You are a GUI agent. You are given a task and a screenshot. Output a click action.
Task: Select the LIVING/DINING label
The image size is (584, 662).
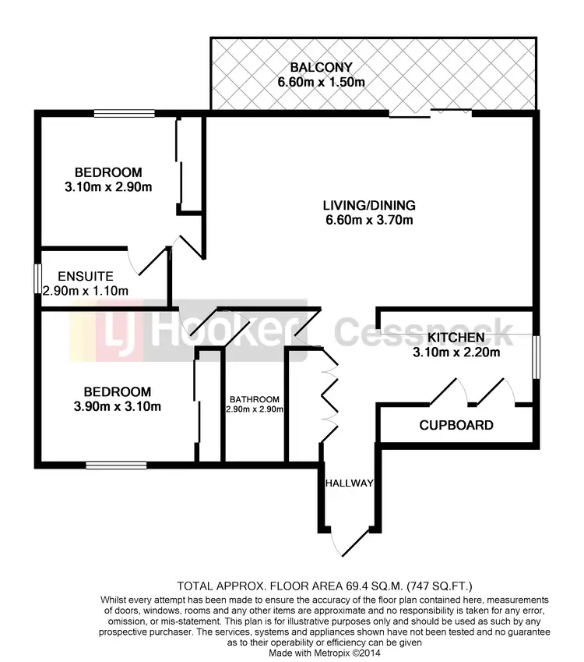click(369, 206)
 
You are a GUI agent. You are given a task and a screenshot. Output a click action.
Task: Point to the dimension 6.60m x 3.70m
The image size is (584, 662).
click(369, 221)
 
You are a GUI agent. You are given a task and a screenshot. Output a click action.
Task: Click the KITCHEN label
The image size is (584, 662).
click(456, 338)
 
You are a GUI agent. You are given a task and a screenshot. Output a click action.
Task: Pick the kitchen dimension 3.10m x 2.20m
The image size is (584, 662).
click(456, 352)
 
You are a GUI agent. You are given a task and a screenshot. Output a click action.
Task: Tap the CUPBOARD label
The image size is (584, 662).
click(456, 426)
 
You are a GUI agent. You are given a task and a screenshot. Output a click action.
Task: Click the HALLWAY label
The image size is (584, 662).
click(350, 483)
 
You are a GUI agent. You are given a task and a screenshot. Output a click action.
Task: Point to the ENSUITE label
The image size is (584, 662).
click(86, 276)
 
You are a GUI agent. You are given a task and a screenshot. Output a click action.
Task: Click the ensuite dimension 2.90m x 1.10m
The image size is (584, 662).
click(86, 291)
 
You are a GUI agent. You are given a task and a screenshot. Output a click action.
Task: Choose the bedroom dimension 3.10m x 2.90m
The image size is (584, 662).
click(108, 186)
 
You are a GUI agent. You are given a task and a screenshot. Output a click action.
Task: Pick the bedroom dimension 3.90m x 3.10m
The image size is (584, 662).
click(113, 406)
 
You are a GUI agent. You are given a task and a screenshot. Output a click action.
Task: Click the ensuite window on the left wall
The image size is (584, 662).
click(37, 279)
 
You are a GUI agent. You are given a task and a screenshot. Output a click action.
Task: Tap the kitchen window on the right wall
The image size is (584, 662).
click(535, 357)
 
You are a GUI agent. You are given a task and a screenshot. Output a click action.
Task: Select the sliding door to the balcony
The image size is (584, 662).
click(430, 115)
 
